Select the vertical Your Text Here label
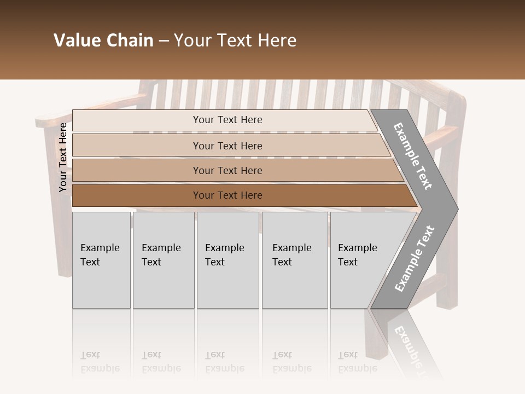click(63, 158)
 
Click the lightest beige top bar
click(227, 120)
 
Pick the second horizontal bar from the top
click(227, 146)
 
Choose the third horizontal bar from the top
click(227, 171)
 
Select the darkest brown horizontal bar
click(227, 195)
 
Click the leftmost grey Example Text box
click(101, 260)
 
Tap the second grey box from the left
click(163, 260)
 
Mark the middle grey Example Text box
click(227, 260)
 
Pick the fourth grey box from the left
click(294, 260)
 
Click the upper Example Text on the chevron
click(413, 156)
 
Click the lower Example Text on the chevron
click(415, 258)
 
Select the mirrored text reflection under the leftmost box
click(100, 361)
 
